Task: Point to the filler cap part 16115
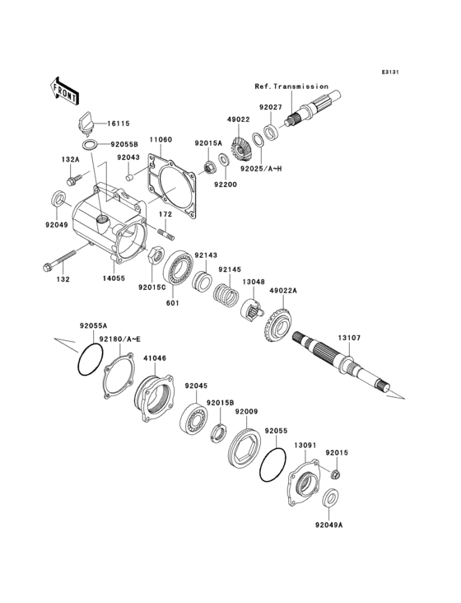coord(86,124)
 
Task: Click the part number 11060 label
coord(161,140)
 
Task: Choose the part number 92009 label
coord(247,411)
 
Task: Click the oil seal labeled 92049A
coord(330,497)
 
